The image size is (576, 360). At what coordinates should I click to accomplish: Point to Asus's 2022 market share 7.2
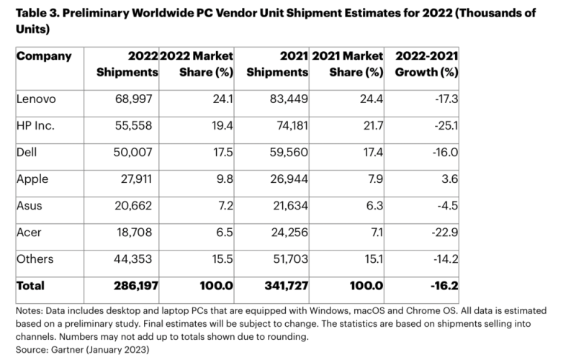222,205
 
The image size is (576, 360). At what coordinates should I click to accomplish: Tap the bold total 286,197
135,286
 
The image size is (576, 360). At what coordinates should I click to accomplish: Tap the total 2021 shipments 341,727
284,286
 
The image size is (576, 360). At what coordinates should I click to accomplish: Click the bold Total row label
31,286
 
